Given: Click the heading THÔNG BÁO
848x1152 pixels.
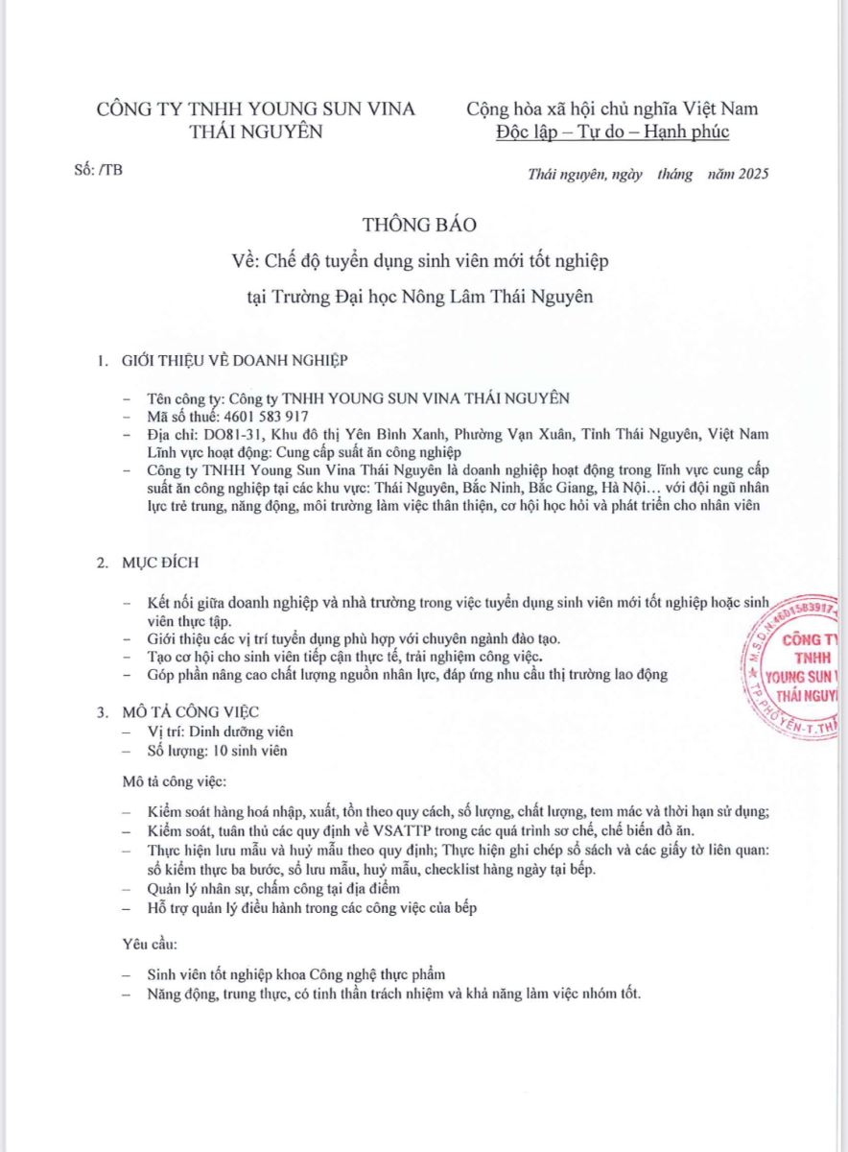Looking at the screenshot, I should point(419,224).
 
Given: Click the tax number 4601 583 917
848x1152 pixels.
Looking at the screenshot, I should point(266,417).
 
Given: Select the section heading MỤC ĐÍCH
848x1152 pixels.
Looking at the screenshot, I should point(160,564).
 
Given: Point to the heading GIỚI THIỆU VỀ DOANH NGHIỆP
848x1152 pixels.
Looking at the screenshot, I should point(234,361).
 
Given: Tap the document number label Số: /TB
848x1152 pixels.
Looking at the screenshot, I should point(98,171).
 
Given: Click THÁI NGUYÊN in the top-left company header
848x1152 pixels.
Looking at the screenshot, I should point(256,132).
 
